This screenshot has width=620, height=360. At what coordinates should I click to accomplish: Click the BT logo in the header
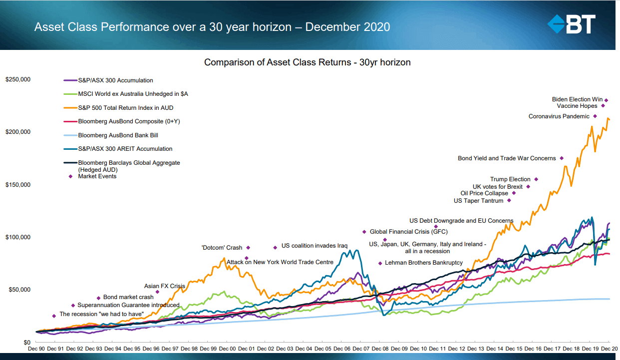point(571,24)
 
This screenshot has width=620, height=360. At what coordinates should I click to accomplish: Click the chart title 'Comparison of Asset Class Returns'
point(307,62)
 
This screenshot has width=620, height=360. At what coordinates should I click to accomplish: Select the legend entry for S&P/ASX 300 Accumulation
point(115,80)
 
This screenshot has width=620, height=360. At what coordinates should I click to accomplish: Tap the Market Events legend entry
point(97,176)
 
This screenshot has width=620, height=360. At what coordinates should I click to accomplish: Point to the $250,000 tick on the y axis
point(18,79)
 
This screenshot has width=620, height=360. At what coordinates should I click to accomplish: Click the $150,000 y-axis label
point(18,185)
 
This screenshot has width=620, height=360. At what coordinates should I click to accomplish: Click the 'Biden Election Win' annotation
point(577,99)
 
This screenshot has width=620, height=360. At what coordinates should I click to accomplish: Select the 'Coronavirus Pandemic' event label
point(560,116)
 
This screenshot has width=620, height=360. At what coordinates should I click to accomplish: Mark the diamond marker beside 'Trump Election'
point(536,179)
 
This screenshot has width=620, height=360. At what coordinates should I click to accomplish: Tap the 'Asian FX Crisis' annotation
point(164,287)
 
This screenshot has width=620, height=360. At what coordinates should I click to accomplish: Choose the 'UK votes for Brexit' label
point(497,187)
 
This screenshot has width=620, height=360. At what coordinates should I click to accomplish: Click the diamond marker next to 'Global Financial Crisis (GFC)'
point(364,232)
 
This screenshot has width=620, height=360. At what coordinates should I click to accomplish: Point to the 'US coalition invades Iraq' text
point(314,246)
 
